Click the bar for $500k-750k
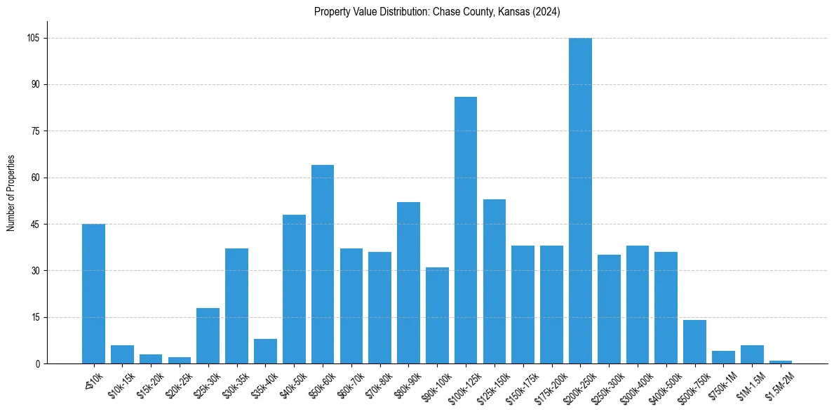click(694, 342)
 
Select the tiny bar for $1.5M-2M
click(781, 362)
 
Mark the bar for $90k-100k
click(437, 315)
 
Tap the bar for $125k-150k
click(495, 281)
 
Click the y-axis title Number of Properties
click(11, 193)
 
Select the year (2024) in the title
click(546, 12)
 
